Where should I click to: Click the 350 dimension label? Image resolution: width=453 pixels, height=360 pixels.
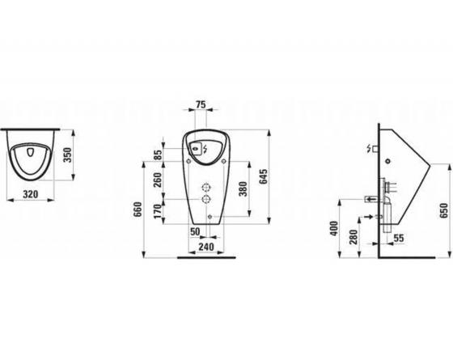tap(67, 155)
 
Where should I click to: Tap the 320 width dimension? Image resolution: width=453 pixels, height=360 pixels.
tap(31, 194)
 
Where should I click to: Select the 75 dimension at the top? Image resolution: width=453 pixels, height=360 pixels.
tap(201, 104)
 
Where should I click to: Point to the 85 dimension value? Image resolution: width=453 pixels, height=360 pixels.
tap(158, 155)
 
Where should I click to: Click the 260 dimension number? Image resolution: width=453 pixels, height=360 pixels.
tap(158, 180)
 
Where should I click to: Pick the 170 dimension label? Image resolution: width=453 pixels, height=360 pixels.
tap(158, 211)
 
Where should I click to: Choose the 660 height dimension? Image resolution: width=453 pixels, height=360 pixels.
tap(138, 210)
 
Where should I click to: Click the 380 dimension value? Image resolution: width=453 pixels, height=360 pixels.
tap(243, 189)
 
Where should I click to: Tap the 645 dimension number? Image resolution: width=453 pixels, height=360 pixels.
tap(264, 176)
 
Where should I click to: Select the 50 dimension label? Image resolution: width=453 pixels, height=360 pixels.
tap(195, 231)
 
